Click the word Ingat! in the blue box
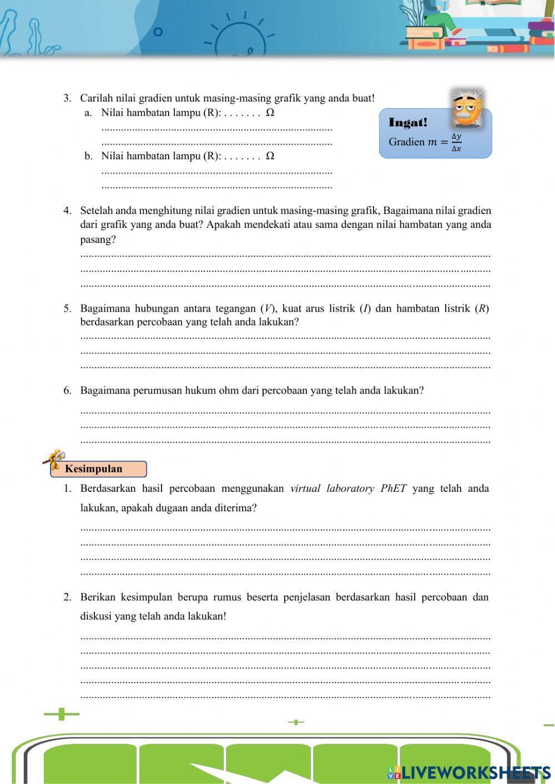tap(408, 123)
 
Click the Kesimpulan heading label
tap(93, 469)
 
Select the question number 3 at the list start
tap(67, 98)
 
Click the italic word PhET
tap(393, 488)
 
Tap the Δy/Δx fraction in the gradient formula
tap(456, 142)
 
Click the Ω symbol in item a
tap(270, 113)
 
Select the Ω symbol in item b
tap(270, 156)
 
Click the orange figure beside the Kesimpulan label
tap(54, 459)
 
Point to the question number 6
tap(67, 390)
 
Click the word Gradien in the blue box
tap(406, 142)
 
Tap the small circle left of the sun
tap(158, 32)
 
